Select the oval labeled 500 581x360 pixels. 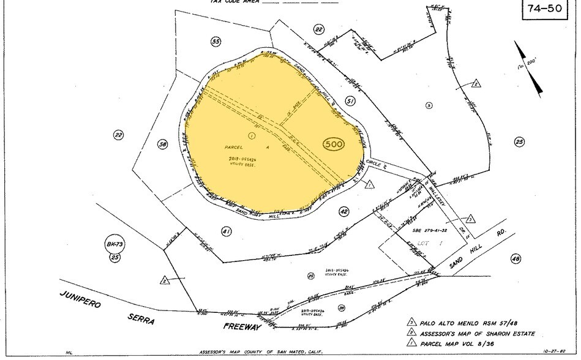click(333, 144)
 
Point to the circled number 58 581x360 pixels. click(162, 144)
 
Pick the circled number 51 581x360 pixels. click(350, 101)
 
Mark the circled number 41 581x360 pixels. click(226, 231)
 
